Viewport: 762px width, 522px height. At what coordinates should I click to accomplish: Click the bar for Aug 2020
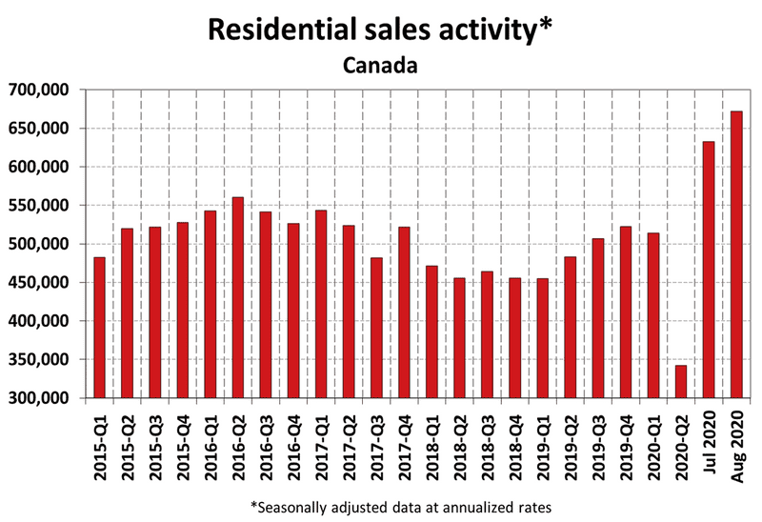[x=735, y=254]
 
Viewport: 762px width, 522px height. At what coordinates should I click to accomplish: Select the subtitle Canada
[x=381, y=66]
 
